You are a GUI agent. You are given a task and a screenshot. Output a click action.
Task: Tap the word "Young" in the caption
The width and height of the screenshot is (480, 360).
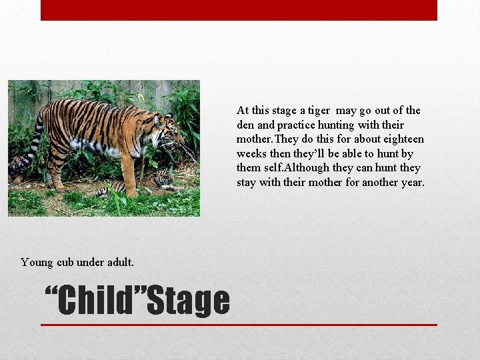point(37,262)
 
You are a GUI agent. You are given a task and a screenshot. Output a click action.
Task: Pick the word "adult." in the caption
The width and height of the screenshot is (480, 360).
point(120,262)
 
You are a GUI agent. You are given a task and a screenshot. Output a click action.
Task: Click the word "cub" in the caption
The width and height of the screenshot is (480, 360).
point(65,262)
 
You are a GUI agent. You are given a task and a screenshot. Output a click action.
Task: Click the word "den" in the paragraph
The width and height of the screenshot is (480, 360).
point(245,125)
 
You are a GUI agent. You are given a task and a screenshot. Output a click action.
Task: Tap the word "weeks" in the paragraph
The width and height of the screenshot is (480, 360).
point(252,154)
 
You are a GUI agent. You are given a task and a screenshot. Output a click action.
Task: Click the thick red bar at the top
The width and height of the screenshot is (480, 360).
point(239,10)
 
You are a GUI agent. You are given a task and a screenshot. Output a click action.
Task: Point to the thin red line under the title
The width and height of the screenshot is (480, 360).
point(239,325)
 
